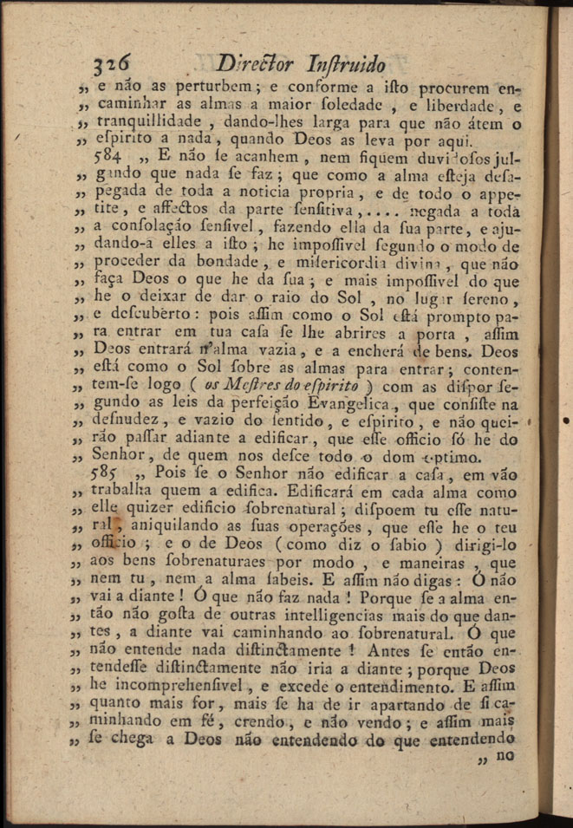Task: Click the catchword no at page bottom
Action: coord(505,754)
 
